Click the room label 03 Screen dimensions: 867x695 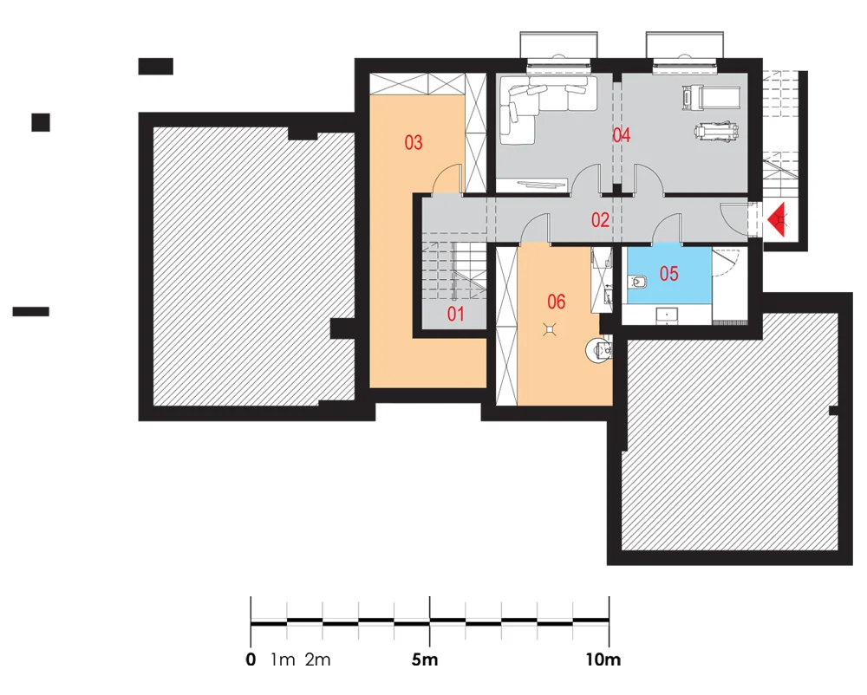pyautogui.click(x=414, y=142)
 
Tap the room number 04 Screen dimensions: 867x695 pyautogui.click(x=622, y=135)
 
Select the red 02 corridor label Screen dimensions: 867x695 pyautogui.click(x=601, y=220)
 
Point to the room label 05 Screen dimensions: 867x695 pyautogui.click(x=669, y=274)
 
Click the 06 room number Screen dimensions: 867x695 pyautogui.click(x=557, y=302)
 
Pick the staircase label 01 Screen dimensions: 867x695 pyautogui.click(x=455, y=315)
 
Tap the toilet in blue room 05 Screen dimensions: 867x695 pyautogui.click(x=637, y=282)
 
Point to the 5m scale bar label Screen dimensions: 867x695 pyautogui.click(x=425, y=659)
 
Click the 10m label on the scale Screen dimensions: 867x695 pyautogui.click(x=603, y=659)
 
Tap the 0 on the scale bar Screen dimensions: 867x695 pyautogui.click(x=251, y=659)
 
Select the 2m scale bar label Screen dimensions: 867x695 pyautogui.click(x=318, y=659)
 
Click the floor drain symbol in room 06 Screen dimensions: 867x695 pyautogui.click(x=549, y=330)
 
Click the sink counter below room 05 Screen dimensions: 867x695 pyautogui.click(x=667, y=315)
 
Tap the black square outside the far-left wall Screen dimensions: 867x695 pyautogui.click(x=41, y=123)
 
